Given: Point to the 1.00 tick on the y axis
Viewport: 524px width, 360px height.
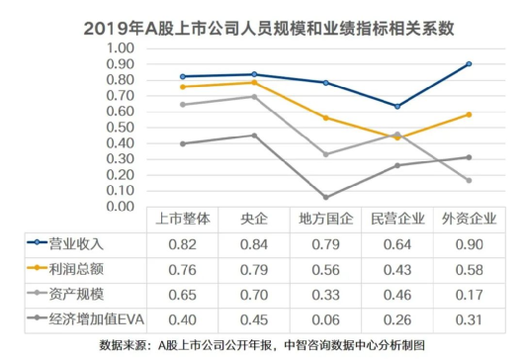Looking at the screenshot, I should (117, 47).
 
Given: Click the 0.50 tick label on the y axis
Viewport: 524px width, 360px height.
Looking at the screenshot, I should (117, 127).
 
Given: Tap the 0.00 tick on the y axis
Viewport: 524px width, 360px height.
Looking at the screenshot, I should (117, 206).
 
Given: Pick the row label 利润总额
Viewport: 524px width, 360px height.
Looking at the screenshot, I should (83, 268).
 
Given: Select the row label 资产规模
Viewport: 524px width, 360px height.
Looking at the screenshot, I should (83, 293).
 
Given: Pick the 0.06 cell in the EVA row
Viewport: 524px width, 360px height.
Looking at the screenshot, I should (325, 317).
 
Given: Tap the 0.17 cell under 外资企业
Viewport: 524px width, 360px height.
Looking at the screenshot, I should (468, 293).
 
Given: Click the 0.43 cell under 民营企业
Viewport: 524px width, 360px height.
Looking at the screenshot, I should (396, 268).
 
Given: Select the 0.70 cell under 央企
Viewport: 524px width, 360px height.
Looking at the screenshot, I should (254, 293).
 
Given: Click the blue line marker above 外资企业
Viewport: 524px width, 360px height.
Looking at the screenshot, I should (468, 63).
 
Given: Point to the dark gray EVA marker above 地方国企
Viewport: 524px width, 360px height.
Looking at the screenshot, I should (325, 197).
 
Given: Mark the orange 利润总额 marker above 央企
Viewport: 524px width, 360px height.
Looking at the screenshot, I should (254, 82).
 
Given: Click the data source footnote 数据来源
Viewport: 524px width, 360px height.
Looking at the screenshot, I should (261, 345).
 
